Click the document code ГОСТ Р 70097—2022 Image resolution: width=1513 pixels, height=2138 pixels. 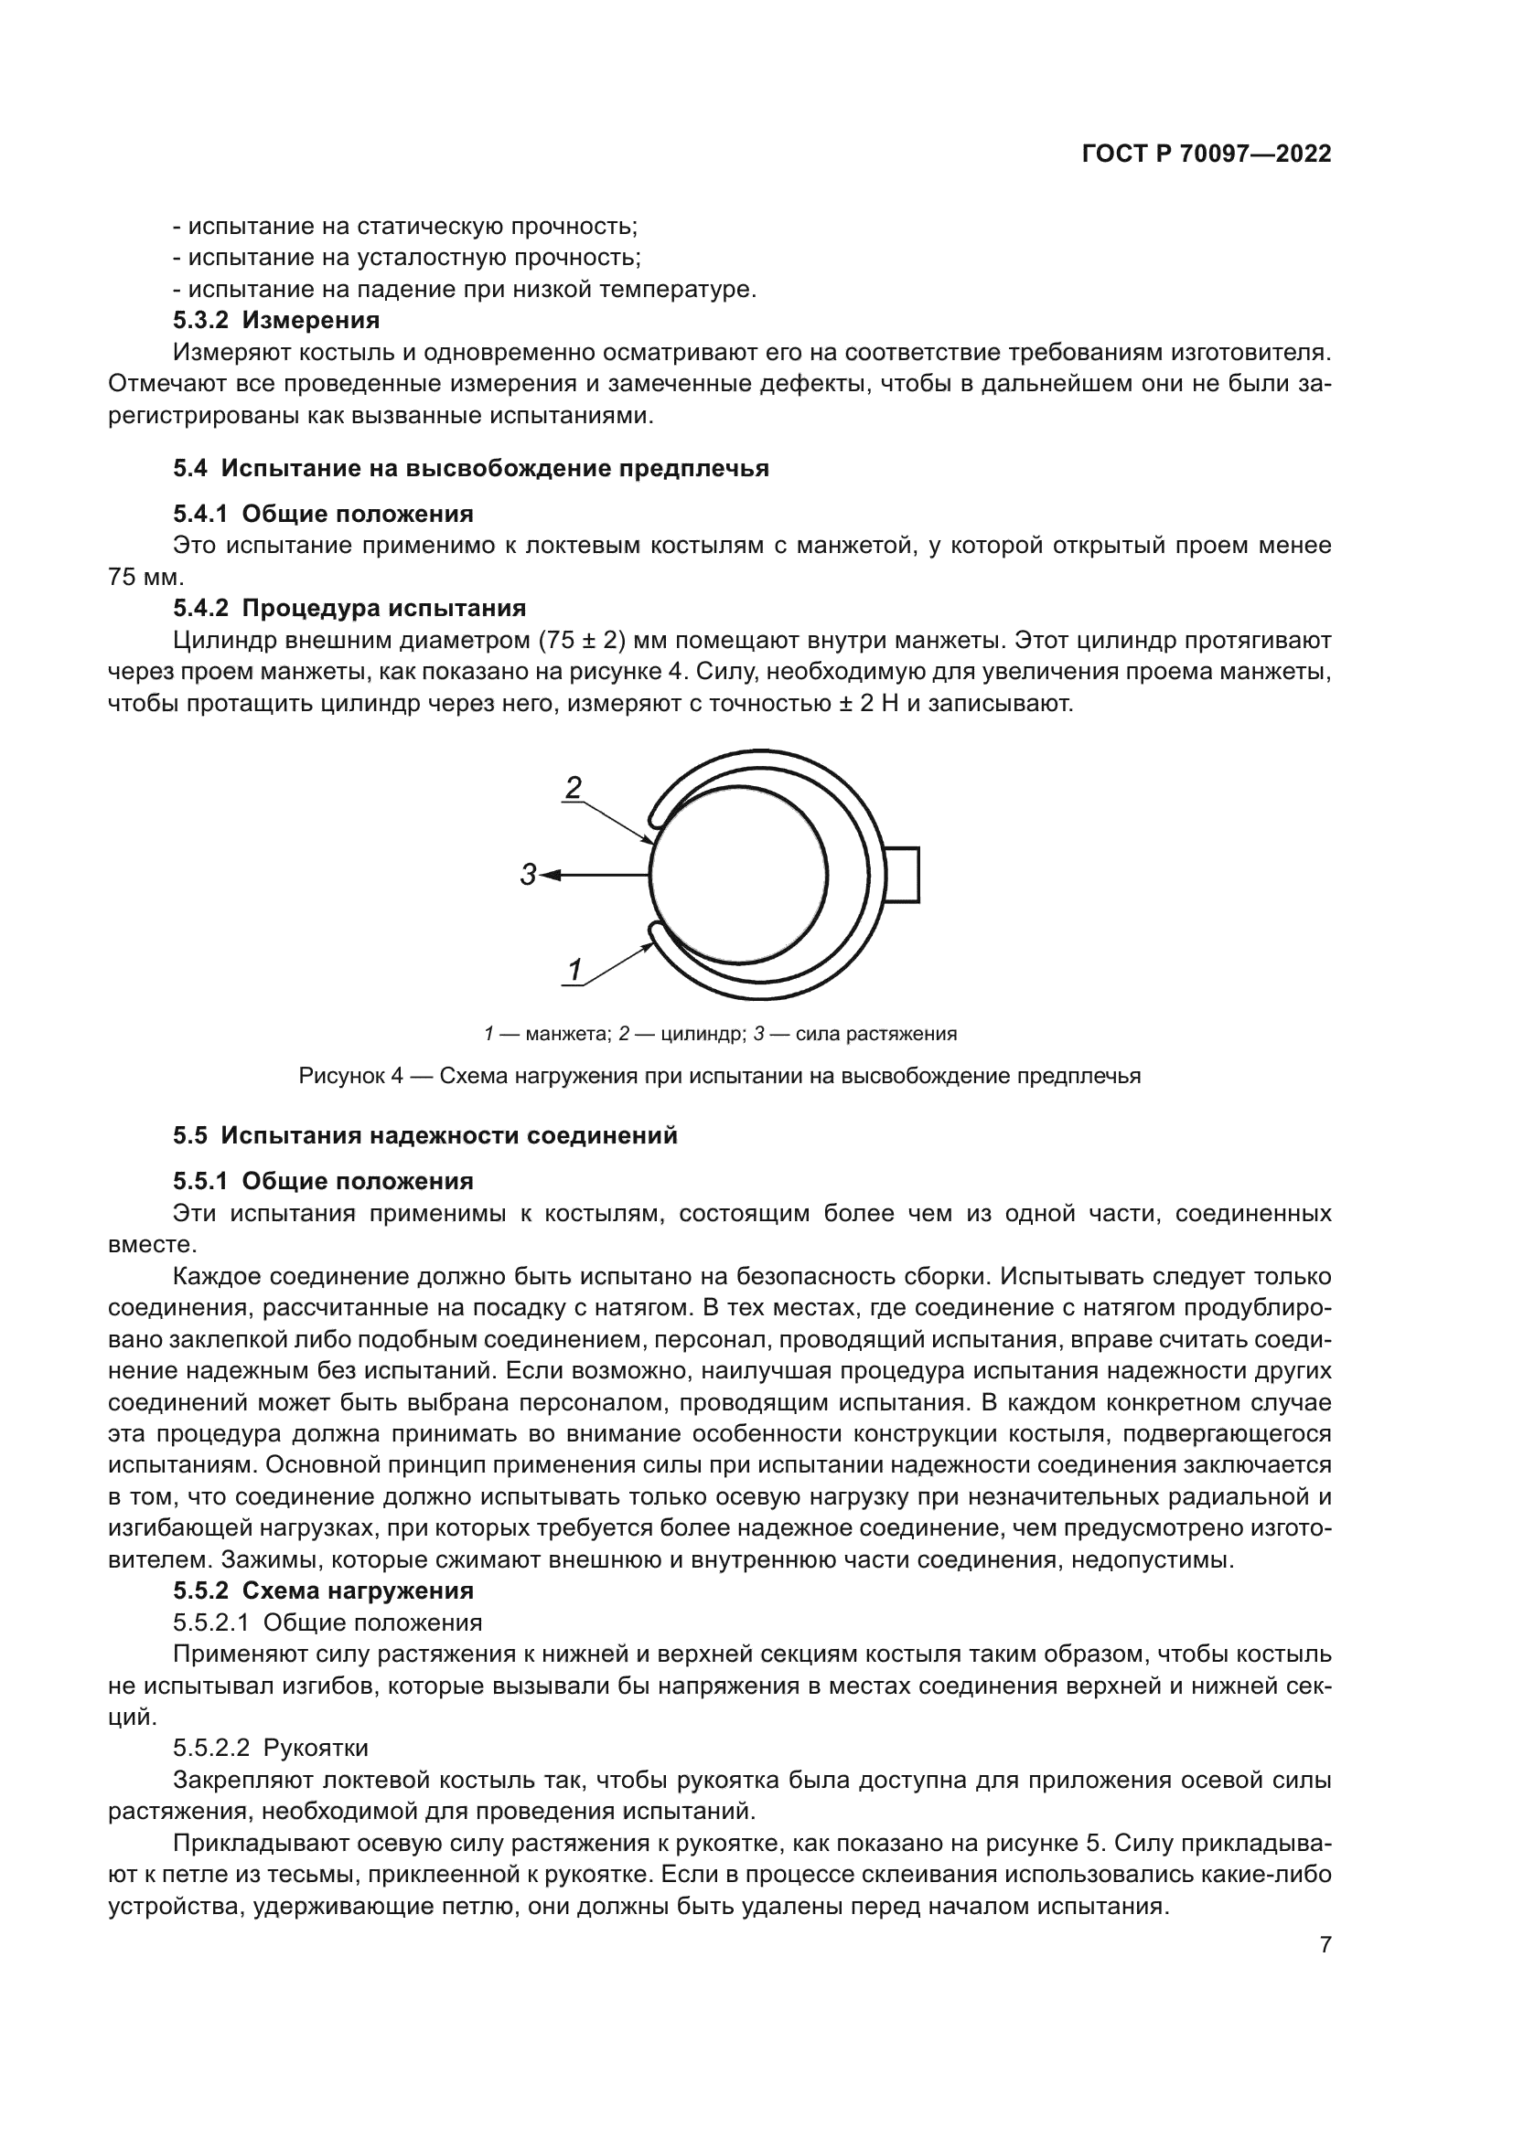coord(1207,154)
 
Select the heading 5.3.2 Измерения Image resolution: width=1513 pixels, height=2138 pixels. coord(276,320)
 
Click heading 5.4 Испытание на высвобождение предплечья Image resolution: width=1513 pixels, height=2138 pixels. coord(470,468)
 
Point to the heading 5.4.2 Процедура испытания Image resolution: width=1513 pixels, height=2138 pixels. coord(349,608)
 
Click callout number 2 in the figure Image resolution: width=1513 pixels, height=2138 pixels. coord(574,788)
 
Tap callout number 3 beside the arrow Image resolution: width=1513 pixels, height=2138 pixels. coord(527,876)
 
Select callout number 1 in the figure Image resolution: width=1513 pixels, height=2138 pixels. coord(574,971)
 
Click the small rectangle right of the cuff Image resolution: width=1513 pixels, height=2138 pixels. coord(901,876)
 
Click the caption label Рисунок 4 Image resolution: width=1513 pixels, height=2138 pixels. coord(350,1077)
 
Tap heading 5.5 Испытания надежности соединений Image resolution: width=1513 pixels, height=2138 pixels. coord(424,1136)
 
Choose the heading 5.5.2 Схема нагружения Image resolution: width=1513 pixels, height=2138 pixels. coord(322,1590)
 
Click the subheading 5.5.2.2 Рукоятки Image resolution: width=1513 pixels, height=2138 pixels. coord(270,1748)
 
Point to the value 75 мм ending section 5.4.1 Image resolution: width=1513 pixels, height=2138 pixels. coord(145,577)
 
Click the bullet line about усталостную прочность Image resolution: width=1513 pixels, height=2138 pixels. coord(406,258)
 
